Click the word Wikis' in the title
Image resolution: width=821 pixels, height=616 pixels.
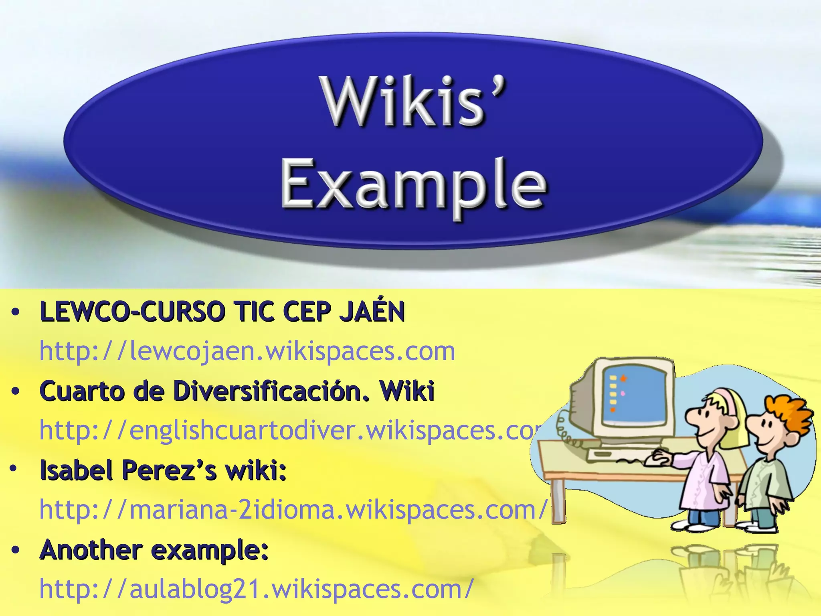pyautogui.click(x=413, y=102)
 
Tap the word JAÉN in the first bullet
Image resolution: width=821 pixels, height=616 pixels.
pyautogui.click(x=372, y=312)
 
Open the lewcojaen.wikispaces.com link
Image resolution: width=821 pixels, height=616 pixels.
pyautogui.click(x=247, y=351)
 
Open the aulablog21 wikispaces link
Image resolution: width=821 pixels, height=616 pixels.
pyautogui.click(x=257, y=589)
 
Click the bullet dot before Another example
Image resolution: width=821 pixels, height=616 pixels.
pyautogui.click(x=16, y=550)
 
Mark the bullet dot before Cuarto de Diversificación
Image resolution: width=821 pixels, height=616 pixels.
pyautogui.click(x=16, y=391)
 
